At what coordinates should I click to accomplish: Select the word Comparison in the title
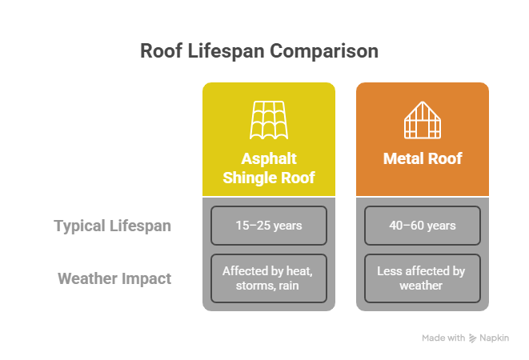tap(323, 52)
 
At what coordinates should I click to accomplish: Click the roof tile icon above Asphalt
tap(268, 121)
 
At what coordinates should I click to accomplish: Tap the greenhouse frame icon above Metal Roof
tap(422, 121)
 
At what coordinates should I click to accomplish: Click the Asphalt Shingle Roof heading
tap(268, 168)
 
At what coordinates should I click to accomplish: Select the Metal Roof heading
tap(423, 158)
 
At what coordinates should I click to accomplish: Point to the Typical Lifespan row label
tap(112, 226)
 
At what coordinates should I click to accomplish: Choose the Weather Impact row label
tap(114, 279)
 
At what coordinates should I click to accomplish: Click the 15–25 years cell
tap(268, 226)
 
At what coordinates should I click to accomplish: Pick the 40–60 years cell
tap(422, 226)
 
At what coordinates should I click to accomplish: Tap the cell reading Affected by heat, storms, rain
tap(268, 278)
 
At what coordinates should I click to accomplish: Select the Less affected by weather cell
tap(422, 278)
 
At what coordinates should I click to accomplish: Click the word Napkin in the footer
tap(496, 338)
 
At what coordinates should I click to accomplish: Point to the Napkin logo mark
tap(473, 338)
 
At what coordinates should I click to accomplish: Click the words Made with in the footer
tap(443, 338)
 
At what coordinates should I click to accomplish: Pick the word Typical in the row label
tap(78, 226)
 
